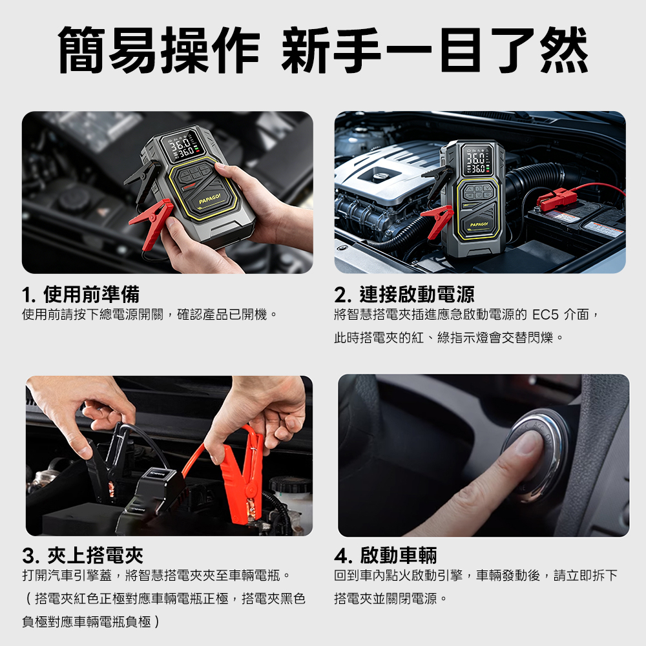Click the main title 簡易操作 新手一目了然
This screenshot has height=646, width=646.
click(x=323, y=50)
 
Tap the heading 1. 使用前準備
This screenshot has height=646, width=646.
click(x=81, y=294)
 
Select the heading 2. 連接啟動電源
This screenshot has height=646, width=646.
click(x=404, y=294)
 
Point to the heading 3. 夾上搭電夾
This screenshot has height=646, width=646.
click(x=83, y=556)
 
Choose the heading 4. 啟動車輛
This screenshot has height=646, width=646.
click(x=386, y=556)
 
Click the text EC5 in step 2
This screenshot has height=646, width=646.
click(x=545, y=315)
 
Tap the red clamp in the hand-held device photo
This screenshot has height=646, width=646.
click(x=152, y=222)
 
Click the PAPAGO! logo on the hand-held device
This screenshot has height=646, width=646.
click(x=210, y=198)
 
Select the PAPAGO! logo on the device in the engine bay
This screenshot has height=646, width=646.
click(x=479, y=225)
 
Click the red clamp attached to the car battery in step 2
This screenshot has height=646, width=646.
click(x=554, y=198)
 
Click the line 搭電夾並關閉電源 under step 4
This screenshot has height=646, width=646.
click(x=386, y=598)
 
